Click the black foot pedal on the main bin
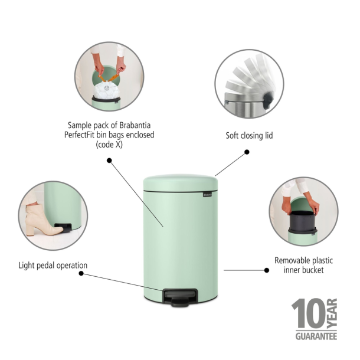pyautogui.click(x=178, y=295)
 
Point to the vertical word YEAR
pyautogui.click(x=332, y=314)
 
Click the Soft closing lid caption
pyautogui.click(x=249, y=136)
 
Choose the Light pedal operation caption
pyautogui.click(x=53, y=266)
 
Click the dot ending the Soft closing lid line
pyautogui.click(x=247, y=152)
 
